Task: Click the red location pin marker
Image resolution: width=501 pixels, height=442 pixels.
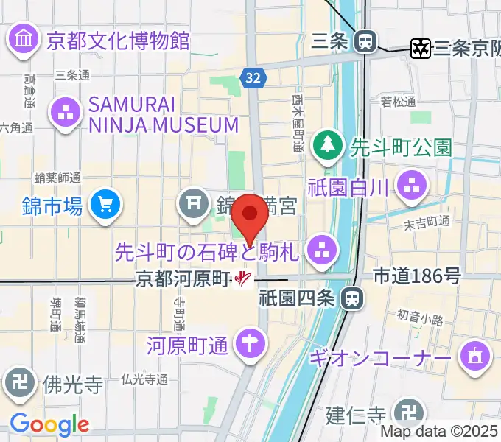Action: [251, 214]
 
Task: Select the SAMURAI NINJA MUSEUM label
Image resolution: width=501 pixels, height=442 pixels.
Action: [163, 114]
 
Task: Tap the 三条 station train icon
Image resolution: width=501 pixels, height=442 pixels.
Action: [364, 42]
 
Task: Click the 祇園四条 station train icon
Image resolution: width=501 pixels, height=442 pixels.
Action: [353, 298]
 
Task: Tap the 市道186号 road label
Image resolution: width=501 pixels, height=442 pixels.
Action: [417, 276]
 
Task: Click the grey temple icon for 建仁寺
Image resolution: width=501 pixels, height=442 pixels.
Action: [406, 413]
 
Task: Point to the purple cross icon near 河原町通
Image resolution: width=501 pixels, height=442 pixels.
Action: [251, 343]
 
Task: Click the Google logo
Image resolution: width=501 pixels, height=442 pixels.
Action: [49, 424]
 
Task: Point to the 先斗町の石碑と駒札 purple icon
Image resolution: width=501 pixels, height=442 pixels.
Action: [321, 248]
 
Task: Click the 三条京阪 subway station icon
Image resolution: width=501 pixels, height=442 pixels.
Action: [421, 49]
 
